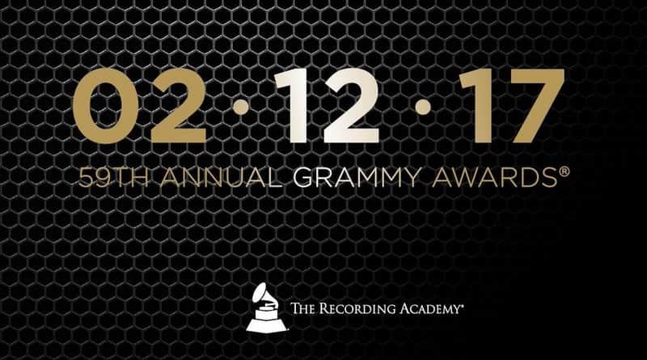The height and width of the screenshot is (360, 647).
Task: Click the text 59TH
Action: (104, 178)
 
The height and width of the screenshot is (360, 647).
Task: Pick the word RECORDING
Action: (365, 309)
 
